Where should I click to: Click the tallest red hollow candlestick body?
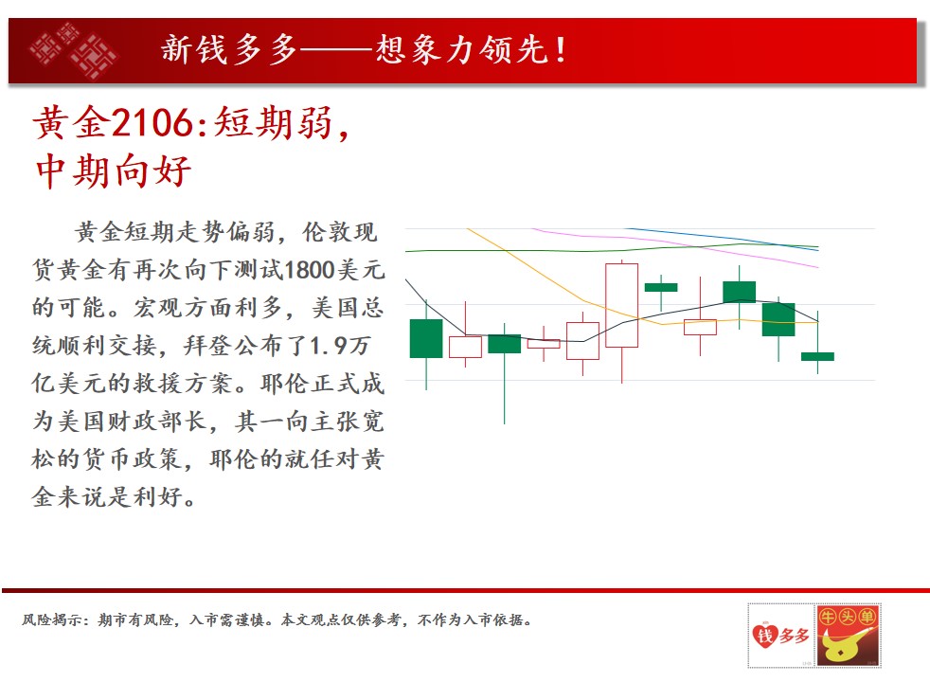[x=621, y=305]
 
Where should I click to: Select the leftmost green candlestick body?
[x=426, y=338]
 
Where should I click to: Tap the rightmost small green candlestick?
[x=817, y=356]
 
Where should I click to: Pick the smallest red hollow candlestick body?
[x=544, y=344]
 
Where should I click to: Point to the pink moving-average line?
[x=676, y=244]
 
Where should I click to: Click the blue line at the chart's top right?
[x=724, y=239]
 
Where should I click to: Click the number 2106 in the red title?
[x=152, y=123]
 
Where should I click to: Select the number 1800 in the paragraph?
[x=310, y=270]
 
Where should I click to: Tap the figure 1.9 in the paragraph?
[x=328, y=346]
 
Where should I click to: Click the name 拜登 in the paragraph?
[x=207, y=346]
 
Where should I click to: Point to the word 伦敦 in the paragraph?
[x=327, y=232]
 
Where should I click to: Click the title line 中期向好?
[x=114, y=170]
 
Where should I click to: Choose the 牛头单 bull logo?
[x=848, y=636]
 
